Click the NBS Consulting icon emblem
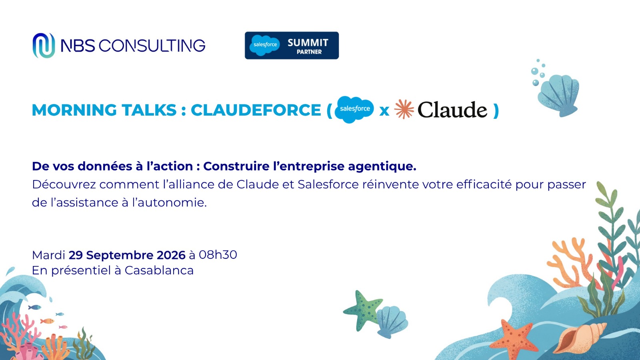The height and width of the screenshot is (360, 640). click(x=44, y=46)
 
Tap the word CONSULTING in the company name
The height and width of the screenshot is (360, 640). click(x=152, y=46)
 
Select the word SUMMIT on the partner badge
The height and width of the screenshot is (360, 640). click(x=308, y=42)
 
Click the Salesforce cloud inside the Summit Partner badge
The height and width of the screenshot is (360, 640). click(x=265, y=45)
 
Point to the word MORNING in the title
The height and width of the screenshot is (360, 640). click(x=74, y=110)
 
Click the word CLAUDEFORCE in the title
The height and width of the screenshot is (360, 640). click(x=256, y=110)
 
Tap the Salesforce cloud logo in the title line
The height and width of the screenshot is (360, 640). click(x=354, y=110)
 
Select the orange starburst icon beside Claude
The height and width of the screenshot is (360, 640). click(x=404, y=109)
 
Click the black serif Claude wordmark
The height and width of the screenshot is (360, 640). click(x=452, y=110)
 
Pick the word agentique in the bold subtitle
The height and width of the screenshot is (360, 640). click(x=382, y=166)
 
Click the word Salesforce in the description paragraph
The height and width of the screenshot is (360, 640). click(x=328, y=184)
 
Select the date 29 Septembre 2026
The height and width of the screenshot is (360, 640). click(x=127, y=255)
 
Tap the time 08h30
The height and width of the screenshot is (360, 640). click(x=218, y=254)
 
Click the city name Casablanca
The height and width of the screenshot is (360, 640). click(x=159, y=270)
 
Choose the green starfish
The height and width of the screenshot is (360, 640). click(x=363, y=310)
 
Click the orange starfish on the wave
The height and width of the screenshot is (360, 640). click(x=513, y=339)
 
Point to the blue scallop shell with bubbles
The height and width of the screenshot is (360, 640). click(x=558, y=94)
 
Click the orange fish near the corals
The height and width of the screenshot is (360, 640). click(x=47, y=321)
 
